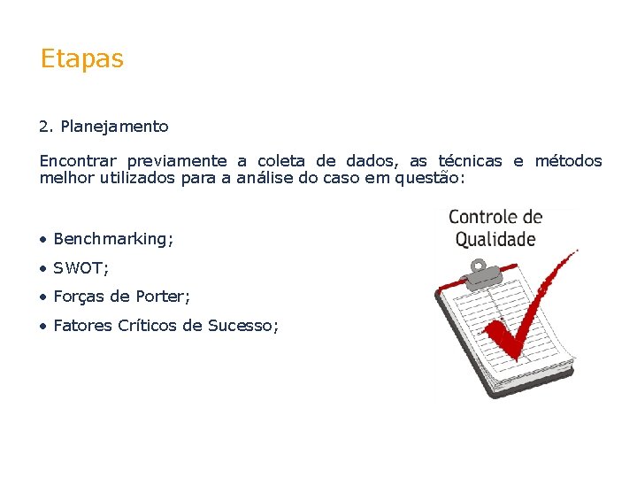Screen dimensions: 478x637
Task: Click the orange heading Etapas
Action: point(81,59)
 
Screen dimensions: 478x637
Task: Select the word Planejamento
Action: point(114,127)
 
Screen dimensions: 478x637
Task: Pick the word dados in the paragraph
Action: point(365,161)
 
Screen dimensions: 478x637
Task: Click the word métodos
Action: point(568,161)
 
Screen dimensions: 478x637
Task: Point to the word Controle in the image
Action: point(484,218)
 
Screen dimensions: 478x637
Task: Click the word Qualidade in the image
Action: point(495,239)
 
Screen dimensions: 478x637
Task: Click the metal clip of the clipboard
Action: point(480,273)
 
